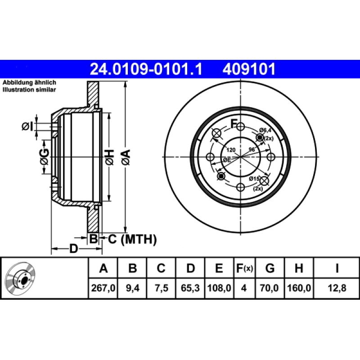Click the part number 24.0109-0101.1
[x=146, y=69]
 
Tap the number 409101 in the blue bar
[x=249, y=69]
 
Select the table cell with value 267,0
[x=103, y=288]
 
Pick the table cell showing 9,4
[x=132, y=288]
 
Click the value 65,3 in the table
[x=190, y=288]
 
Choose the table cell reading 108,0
[x=219, y=288]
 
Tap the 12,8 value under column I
[x=337, y=288]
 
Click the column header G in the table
[x=270, y=268]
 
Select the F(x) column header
[x=244, y=268]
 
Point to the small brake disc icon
[x=21, y=279]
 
